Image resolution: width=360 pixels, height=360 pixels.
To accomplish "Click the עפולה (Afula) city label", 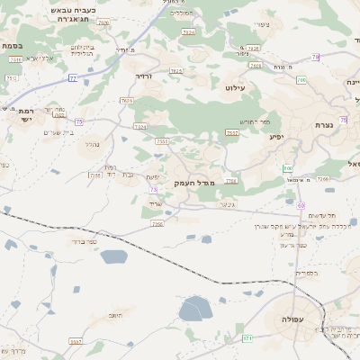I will (292, 319).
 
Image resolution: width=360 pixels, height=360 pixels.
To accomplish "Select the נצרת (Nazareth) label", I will (326, 124).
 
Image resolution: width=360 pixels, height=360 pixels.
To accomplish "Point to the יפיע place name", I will (276, 137).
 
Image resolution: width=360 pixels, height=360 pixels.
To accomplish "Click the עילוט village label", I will (236, 88).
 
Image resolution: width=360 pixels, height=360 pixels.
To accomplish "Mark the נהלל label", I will (93, 143).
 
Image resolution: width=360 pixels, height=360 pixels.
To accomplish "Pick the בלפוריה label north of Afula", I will (307, 272).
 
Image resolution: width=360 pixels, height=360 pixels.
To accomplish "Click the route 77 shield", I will (72, 78).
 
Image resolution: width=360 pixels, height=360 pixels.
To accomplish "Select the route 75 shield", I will (79, 121).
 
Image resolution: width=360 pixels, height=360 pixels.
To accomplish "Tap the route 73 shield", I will (153, 190).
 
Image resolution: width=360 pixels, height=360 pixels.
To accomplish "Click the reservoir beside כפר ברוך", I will (114, 256).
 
